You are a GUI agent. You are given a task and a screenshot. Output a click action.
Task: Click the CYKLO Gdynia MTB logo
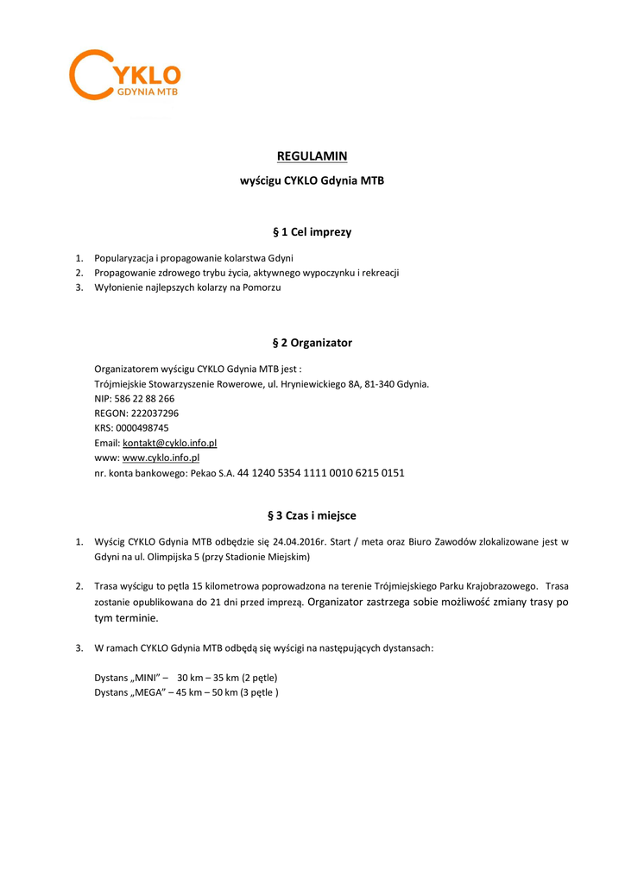pos(125,74)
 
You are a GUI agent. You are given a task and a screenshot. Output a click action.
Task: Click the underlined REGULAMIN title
pos(312,156)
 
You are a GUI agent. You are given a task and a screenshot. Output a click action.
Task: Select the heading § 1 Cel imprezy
pos(312,232)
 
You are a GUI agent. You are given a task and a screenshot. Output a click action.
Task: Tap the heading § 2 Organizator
pos(312,343)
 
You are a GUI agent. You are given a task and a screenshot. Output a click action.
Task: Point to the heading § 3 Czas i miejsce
pos(312,515)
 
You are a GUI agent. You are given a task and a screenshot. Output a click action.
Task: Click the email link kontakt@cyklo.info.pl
pos(169,443)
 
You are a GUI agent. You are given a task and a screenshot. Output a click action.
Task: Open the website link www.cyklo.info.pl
pos(161,458)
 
